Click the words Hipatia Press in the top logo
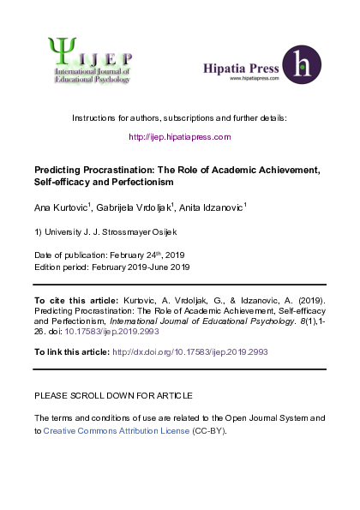tap(239, 67)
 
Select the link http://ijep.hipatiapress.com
tap(180, 136)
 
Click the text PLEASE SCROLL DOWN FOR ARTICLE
tap(113, 395)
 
